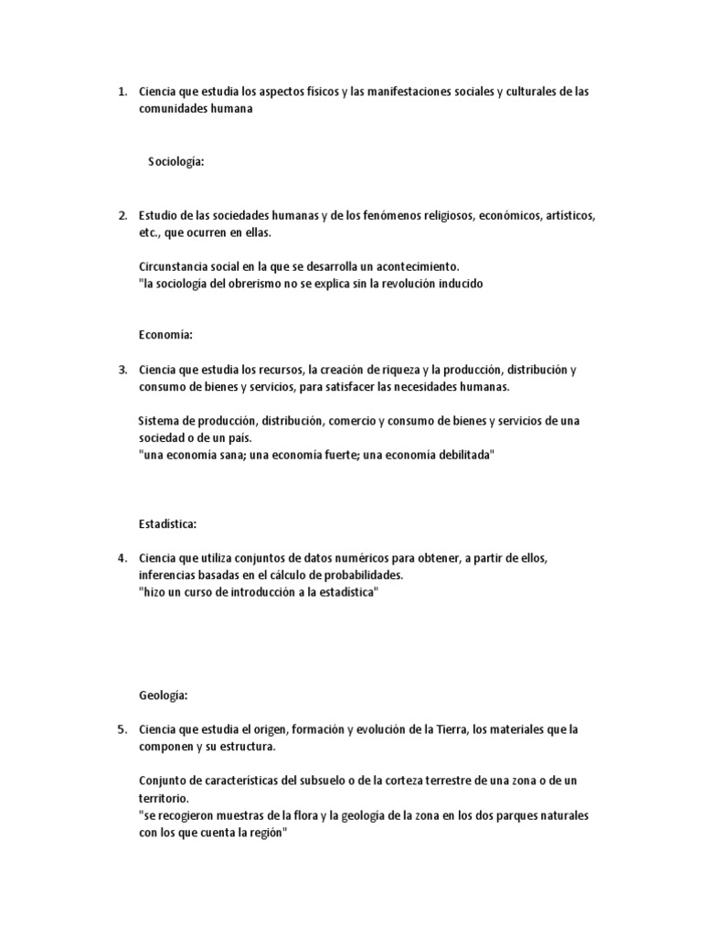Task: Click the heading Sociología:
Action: tap(175, 162)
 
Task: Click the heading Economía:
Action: tap(166, 335)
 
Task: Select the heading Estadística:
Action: tap(168, 523)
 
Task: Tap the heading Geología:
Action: tap(164, 695)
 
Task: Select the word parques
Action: tap(489, 814)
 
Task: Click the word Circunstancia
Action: tap(174, 266)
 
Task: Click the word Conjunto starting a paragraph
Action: tap(163, 781)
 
